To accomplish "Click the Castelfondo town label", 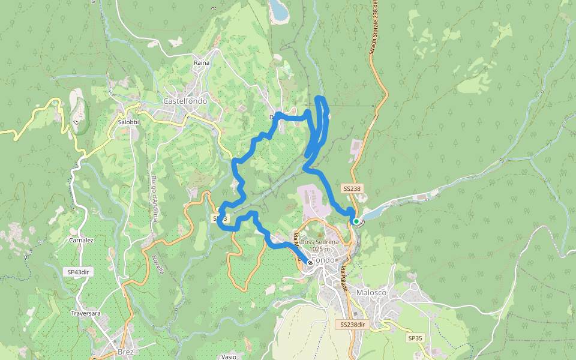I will [x=185, y=101].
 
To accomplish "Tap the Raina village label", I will [x=200, y=63].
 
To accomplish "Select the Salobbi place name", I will [x=128, y=122].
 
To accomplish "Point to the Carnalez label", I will [x=81, y=240].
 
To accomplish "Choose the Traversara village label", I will [x=88, y=313].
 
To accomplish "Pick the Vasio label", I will [x=228, y=356].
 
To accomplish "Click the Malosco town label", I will [x=371, y=292].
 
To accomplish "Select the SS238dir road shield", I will [x=353, y=325].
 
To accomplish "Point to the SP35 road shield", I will [x=415, y=338].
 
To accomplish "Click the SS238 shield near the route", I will [x=352, y=188].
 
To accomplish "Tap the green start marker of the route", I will [x=356, y=221].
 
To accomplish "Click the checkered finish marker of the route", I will [x=310, y=262].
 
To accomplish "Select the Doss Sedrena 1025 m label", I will [x=320, y=245].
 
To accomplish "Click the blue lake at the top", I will [x=278, y=10].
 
